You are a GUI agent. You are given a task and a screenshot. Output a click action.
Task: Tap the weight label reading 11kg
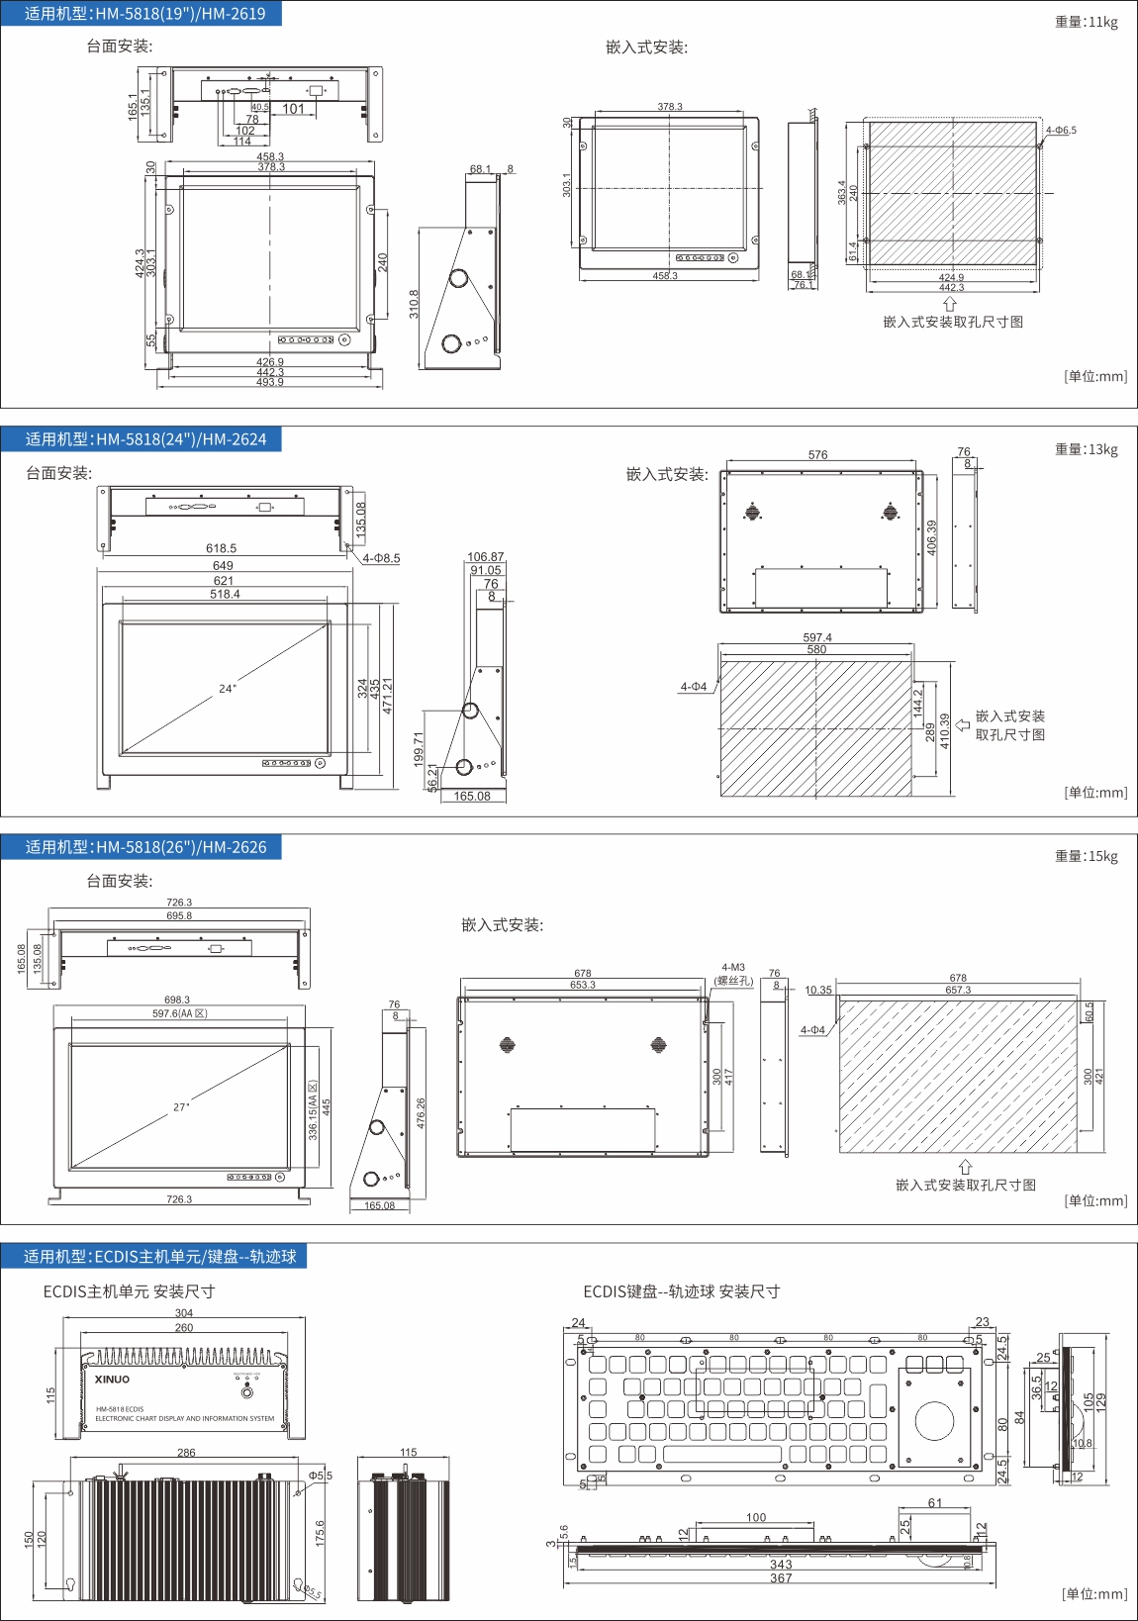pos(1086,22)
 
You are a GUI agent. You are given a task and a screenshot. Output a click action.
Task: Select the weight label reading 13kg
pos(1086,449)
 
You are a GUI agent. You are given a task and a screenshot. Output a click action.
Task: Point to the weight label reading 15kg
pos(1086,856)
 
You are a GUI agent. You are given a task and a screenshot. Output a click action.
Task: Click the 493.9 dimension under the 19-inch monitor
pos(270,382)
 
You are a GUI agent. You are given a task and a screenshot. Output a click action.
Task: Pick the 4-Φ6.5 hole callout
pos(1061,131)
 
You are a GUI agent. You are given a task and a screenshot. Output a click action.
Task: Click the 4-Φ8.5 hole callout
pos(381,558)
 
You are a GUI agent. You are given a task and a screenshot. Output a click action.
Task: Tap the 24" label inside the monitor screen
pos(228,689)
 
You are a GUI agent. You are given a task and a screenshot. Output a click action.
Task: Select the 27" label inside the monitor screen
pos(181,1107)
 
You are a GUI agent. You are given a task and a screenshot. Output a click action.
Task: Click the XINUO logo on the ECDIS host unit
pos(112,1379)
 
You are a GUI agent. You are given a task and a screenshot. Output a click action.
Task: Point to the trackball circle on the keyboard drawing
pos(934,1420)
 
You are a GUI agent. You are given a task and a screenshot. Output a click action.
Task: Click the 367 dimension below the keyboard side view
pos(781,1578)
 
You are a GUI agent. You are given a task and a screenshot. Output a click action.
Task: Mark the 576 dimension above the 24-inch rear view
pos(817,455)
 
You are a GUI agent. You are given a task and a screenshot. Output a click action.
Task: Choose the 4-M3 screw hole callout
pos(733,968)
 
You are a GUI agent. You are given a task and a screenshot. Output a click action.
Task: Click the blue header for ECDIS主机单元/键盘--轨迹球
pos(159,1256)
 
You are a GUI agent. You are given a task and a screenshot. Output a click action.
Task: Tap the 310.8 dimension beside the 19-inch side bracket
pos(415,304)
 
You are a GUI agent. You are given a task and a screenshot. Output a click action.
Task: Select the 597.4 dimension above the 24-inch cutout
pos(817,638)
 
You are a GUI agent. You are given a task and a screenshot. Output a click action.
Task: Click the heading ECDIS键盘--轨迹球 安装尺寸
pos(681,1291)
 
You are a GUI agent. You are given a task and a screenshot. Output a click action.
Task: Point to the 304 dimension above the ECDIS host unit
pos(184,1313)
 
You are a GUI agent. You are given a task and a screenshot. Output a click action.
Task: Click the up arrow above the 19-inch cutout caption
pos(950,305)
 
